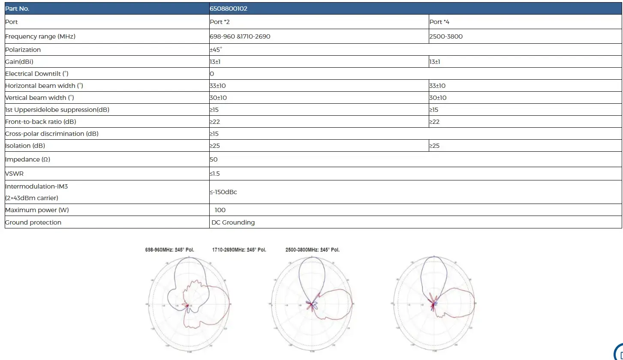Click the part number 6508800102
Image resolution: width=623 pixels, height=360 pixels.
coord(229,9)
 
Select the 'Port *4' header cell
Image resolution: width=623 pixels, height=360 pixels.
coord(439,22)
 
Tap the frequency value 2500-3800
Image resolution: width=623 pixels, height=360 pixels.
coord(446,36)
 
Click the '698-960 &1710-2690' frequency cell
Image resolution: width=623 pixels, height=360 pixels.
coord(240,36)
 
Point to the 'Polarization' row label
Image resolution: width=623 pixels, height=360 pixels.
coord(23,50)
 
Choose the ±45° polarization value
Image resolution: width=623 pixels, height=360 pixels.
coord(216,50)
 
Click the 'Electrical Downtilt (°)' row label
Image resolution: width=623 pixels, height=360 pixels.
coord(37,74)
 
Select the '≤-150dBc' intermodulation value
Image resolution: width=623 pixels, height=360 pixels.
coord(223,192)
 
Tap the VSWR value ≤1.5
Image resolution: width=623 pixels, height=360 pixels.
coord(215,174)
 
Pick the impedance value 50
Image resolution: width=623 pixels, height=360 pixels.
coord(214,159)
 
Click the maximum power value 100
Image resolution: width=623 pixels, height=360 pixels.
coord(220,210)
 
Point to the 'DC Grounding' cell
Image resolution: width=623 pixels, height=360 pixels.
coord(233,222)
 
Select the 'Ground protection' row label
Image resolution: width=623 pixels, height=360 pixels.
coord(33,222)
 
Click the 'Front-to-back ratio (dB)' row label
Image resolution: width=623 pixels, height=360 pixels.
coord(41,122)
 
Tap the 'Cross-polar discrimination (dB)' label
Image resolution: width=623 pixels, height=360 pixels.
coord(52,134)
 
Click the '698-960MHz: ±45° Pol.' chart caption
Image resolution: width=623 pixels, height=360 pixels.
coord(170,250)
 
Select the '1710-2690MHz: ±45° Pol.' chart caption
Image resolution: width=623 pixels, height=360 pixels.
coord(239,250)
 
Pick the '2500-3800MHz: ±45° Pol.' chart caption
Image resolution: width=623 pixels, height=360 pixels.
coord(313,250)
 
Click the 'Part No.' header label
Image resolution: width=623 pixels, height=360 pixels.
coord(17,9)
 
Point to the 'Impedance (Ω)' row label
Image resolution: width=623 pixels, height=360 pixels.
coord(28,159)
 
